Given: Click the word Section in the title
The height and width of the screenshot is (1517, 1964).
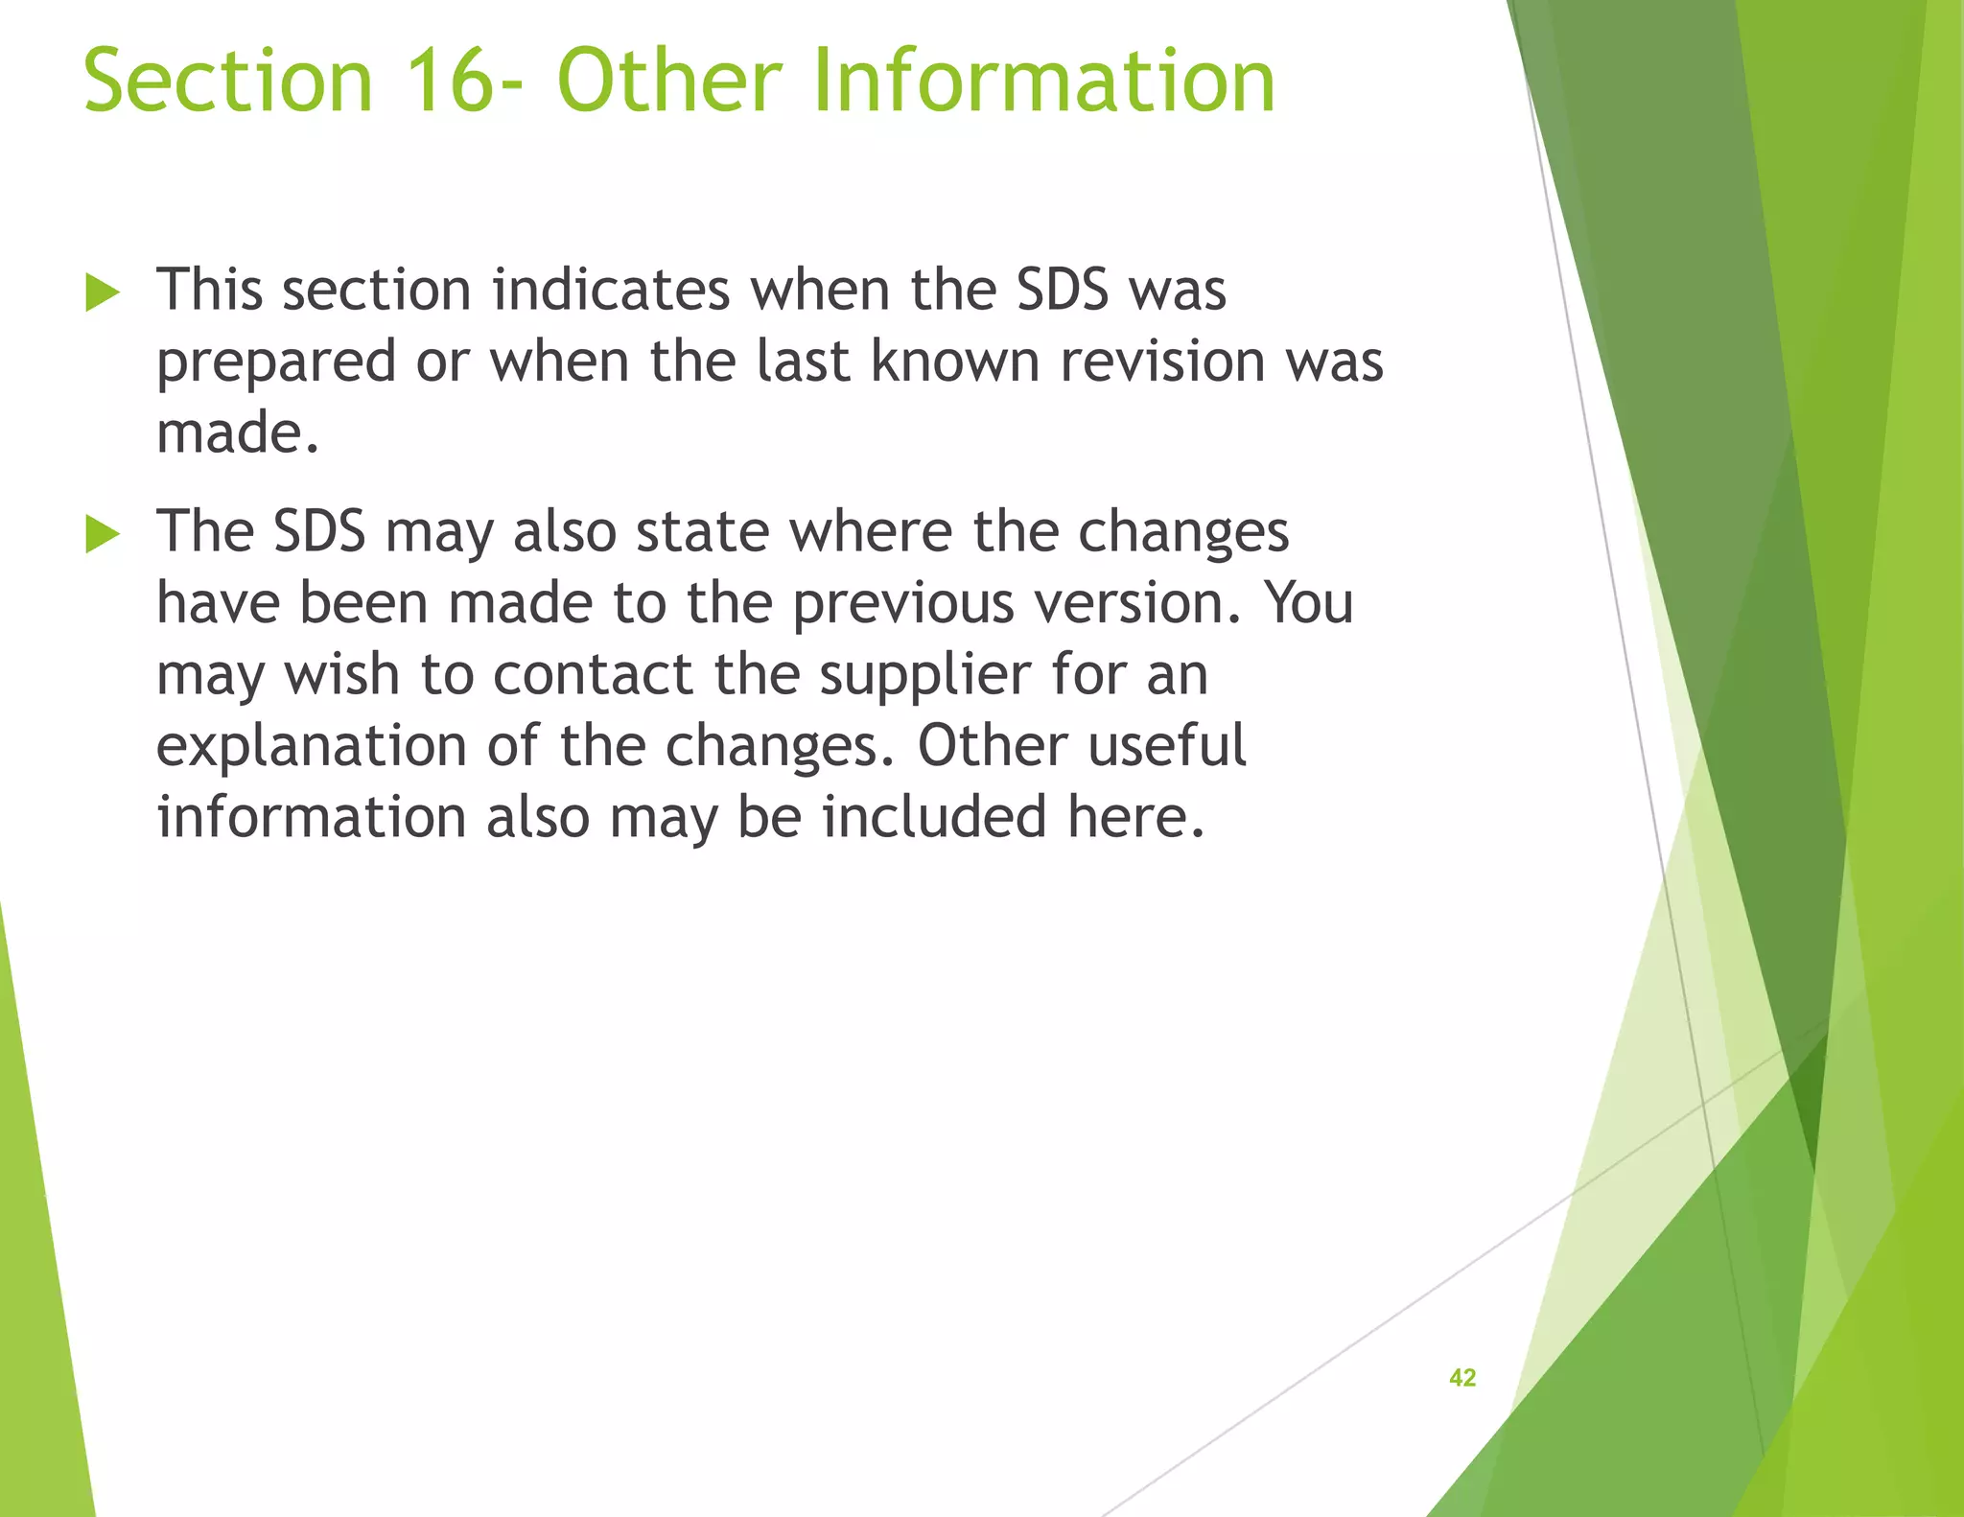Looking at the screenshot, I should [227, 81].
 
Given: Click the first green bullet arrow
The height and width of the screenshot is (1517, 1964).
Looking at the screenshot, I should [103, 292].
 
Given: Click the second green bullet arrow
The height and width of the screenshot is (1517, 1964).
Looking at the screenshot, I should [103, 534].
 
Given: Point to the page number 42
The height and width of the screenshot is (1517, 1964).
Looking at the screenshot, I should [1461, 1378].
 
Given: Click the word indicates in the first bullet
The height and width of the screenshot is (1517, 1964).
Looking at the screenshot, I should [611, 290].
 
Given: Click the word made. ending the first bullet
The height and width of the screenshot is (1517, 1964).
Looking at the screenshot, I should [237, 433].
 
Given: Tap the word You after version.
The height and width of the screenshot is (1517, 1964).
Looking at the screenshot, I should [1308, 603].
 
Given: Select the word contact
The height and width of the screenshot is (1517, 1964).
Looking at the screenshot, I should [592, 674].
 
